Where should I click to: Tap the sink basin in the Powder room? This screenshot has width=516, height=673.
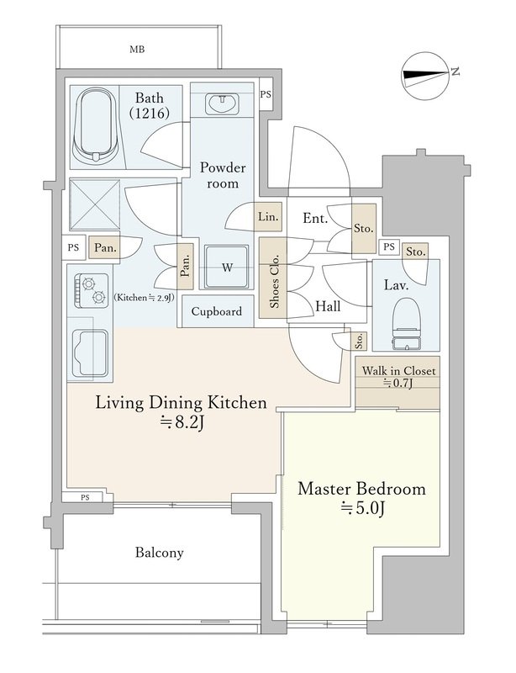click(222, 104)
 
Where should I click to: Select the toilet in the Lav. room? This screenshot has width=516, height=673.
click(405, 322)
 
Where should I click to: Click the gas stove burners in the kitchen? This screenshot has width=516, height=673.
click(92, 290)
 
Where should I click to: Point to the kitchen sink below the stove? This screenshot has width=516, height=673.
click(90, 352)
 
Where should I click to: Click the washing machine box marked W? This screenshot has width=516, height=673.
click(226, 268)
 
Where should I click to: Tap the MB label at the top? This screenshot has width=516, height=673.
click(137, 50)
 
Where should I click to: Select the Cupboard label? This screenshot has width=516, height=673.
click(217, 311)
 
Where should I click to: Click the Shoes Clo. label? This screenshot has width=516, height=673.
click(274, 281)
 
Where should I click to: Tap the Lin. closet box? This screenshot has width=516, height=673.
click(268, 217)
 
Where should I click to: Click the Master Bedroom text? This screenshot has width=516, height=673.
click(361, 489)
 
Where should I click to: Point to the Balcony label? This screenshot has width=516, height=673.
click(159, 553)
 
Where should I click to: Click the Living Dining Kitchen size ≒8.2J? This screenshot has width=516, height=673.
click(181, 423)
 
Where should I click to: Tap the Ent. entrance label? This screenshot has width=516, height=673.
click(315, 219)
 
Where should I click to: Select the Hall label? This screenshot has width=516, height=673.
click(328, 306)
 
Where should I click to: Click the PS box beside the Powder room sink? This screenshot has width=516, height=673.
click(266, 94)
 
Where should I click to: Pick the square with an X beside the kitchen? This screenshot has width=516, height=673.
click(95, 205)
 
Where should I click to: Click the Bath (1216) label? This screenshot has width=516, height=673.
click(150, 105)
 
